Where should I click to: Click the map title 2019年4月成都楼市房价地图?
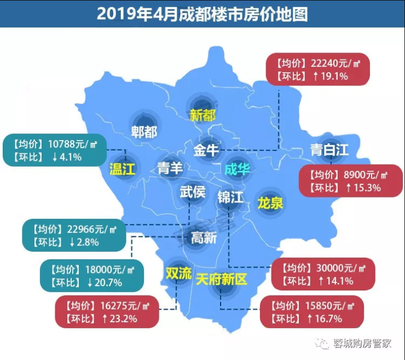point(202,14)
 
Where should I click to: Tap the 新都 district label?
point(202,115)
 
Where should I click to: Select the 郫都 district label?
point(144,132)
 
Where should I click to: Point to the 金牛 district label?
point(206,149)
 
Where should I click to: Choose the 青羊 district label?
point(170,168)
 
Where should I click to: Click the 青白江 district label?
point(329,149)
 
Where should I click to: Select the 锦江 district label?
point(230,197)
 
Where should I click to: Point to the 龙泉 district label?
point(270,204)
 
